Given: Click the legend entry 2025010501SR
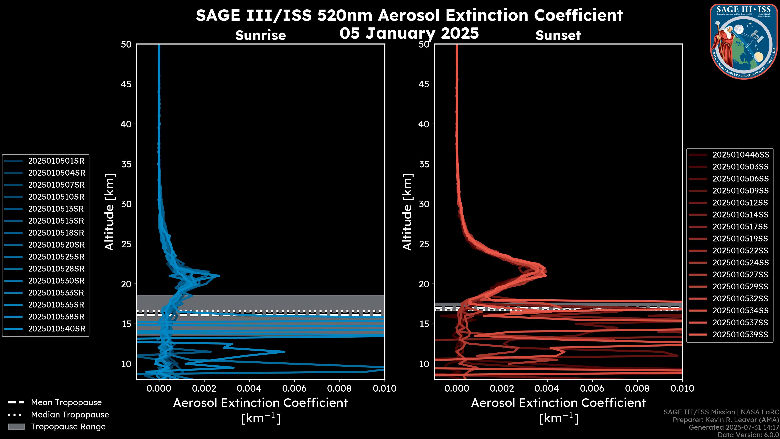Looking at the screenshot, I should [56, 161].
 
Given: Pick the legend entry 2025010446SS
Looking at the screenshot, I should [741, 155].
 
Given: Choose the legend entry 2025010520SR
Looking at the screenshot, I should [56, 245].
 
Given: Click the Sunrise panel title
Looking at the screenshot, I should [260, 35].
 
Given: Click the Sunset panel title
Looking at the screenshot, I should [558, 35].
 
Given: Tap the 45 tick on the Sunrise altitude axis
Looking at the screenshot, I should [126, 84].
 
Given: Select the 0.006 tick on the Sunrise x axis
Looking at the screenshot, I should [294, 388].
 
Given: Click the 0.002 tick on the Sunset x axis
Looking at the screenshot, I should [502, 388].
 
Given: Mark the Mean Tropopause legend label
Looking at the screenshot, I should [66, 403].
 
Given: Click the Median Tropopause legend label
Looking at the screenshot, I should [70, 415].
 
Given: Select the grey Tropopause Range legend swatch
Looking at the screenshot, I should [16, 427].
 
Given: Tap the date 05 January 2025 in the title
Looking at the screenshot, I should [409, 33].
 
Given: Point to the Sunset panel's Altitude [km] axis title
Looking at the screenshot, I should [407, 212].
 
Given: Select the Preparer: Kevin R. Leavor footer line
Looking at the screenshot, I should [726, 420].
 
